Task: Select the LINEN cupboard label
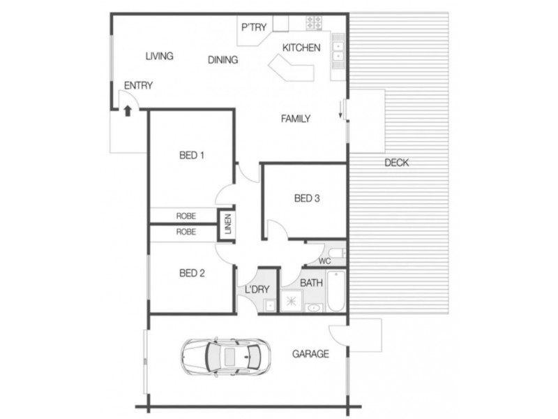pyautogui.click(x=227, y=225)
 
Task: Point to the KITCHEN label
pyautogui.click(x=301, y=48)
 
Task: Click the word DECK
pyautogui.click(x=396, y=163)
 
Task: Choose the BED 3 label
pyautogui.click(x=307, y=198)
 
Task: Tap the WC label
pyautogui.click(x=324, y=261)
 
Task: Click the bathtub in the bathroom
pyautogui.click(x=335, y=293)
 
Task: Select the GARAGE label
pyautogui.click(x=310, y=354)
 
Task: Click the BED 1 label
pyautogui.click(x=192, y=155)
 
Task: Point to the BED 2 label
pyautogui.click(x=192, y=273)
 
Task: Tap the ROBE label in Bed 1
pyautogui.click(x=186, y=215)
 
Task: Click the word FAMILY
pyautogui.click(x=295, y=119)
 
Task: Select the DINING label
pyautogui.click(x=223, y=60)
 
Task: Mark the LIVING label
pyautogui.click(x=159, y=56)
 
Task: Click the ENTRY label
pyautogui.click(x=138, y=85)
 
